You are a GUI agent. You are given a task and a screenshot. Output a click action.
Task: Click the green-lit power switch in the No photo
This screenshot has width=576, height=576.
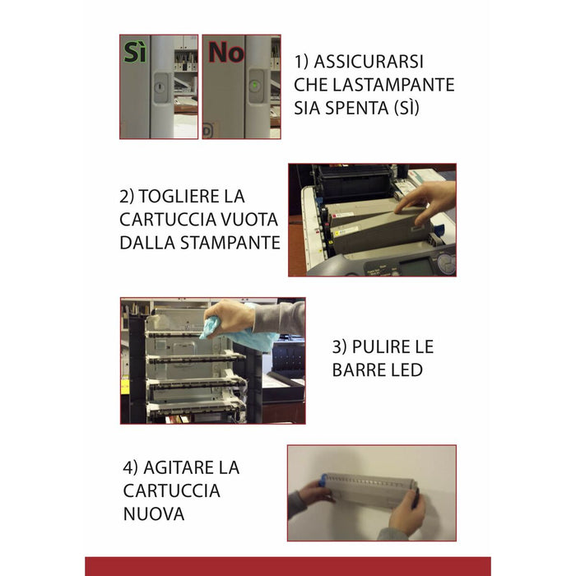tap(256, 85)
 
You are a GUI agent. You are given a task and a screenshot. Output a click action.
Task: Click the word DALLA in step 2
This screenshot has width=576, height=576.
tap(146, 243)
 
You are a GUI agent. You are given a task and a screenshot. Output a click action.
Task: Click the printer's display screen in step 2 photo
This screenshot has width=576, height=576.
tap(418, 265)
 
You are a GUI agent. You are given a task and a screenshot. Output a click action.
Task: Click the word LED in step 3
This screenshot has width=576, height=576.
tap(406, 369)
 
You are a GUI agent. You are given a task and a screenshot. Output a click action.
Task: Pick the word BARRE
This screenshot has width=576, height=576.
tap(360, 369)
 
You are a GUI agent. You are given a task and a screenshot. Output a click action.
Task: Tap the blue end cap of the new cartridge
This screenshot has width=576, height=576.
tap(325, 478)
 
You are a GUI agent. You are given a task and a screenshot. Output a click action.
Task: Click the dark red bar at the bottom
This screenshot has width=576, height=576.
tap(288, 566)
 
